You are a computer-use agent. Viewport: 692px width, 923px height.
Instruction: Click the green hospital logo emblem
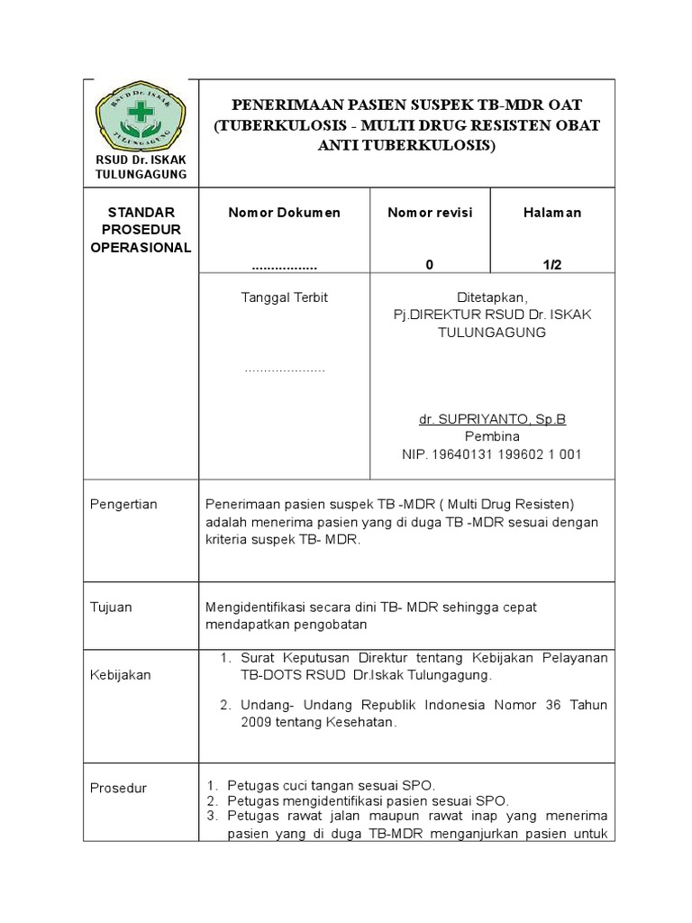pyautogui.click(x=139, y=120)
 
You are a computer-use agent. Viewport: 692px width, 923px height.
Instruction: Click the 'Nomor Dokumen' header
pyautogui.click(x=285, y=213)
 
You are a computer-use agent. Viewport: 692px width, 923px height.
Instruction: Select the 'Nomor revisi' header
pyautogui.click(x=430, y=213)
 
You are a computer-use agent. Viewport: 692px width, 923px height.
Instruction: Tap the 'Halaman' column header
pyautogui.click(x=552, y=213)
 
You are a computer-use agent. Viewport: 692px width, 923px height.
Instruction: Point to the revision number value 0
pyautogui.click(x=430, y=265)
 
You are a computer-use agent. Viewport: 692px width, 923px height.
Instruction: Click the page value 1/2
pyautogui.click(x=552, y=265)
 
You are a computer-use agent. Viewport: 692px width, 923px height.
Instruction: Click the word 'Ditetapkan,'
pyautogui.click(x=491, y=297)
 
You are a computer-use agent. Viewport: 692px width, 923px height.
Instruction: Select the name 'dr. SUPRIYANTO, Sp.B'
pyautogui.click(x=492, y=420)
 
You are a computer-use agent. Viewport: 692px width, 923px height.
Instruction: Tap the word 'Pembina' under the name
pyautogui.click(x=492, y=437)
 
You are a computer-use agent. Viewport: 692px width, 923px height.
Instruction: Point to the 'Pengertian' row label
pyautogui.click(x=123, y=505)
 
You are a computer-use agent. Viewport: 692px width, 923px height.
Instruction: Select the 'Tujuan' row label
pyautogui.click(x=112, y=608)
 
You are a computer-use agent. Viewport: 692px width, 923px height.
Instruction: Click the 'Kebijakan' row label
pyautogui.click(x=120, y=675)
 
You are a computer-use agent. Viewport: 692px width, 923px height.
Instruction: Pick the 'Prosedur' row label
pyautogui.click(x=118, y=789)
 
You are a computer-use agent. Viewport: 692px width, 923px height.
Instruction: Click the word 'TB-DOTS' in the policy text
pyautogui.click(x=268, y=675)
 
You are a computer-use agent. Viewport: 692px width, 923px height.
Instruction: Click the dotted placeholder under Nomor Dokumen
pyautogui.click(x=285, y=268)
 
